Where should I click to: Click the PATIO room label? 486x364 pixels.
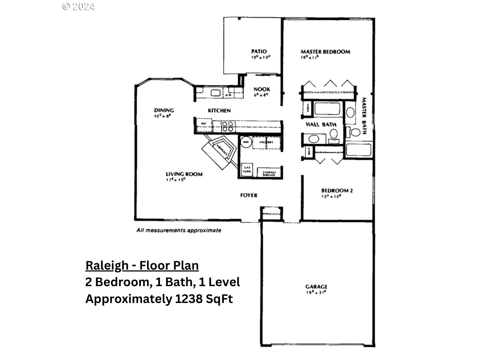pos(259,52)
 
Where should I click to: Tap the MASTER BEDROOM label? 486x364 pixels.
pos(325,52)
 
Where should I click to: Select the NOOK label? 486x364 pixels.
pos(262,89)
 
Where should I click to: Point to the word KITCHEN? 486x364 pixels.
pos(219,111)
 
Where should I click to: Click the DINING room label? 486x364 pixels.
pos(164,110)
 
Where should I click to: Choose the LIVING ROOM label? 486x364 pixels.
pos(184,174)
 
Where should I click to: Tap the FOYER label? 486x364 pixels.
pos(248,195)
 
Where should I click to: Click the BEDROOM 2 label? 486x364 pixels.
pos(336,190)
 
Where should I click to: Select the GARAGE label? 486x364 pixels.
pos(316,287)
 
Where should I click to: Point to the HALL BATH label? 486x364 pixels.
pos(321,124)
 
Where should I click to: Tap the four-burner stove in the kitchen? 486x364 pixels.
pos(227,126)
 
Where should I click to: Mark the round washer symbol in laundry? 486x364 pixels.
pos(246,142)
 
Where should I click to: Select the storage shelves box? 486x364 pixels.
pos(269,173)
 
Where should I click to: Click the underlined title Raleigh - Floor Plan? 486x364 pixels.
pos(142,266)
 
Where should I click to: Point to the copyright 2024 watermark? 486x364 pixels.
pos(79,6)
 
